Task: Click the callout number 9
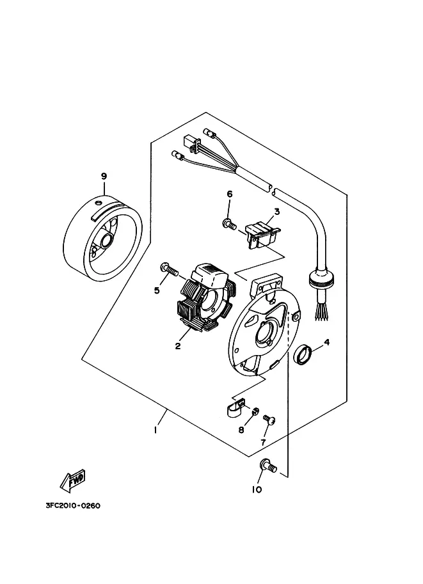104,176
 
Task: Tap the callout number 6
230,194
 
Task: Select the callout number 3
277,212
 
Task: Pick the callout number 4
327,342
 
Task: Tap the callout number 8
241,430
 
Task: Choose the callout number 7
263,443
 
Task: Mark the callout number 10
257,489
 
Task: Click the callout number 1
155,430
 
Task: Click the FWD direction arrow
73,479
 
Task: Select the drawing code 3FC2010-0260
73,505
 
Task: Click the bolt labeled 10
268,466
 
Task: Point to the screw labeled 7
269,420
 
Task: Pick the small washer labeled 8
255,411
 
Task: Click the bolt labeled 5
169,268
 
